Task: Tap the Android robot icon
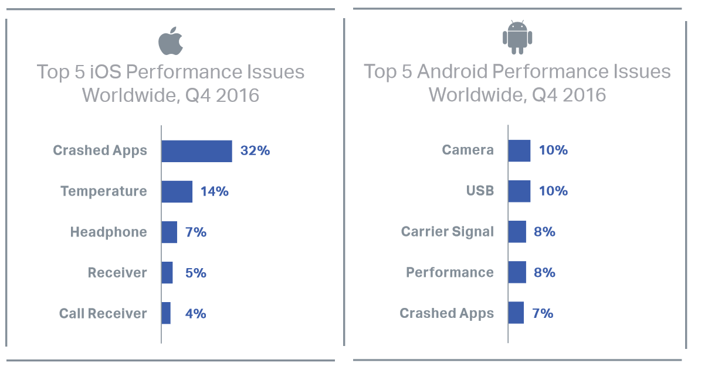coord(517,37)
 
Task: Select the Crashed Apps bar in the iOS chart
coord(197,151)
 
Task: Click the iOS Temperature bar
coord(177,191)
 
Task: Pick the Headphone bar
coord(170,232)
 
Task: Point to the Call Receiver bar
coord(166,313)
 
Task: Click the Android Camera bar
coord(519,150)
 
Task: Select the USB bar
coord(519,191)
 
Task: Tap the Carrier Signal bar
coord(517,232)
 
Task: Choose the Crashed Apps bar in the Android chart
coord(516,313)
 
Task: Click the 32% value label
coord(255,150)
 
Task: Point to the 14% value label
coord(214,191)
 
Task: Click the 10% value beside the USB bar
coord(553,191)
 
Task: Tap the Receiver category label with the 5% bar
coord(117,273)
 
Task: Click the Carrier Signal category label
coord(448,232)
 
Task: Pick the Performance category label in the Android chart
coord(450,273)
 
